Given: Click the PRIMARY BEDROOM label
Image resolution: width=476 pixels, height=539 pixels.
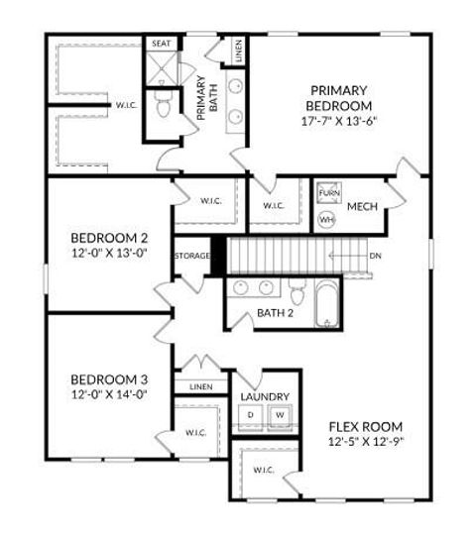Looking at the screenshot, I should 338,98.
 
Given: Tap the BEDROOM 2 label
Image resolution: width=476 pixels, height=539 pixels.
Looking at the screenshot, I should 109,238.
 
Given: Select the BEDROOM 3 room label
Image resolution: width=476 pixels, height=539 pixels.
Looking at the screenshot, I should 109,379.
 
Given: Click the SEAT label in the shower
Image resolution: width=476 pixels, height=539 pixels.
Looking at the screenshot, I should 161,45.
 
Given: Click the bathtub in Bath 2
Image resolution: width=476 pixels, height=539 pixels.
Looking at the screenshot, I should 327,302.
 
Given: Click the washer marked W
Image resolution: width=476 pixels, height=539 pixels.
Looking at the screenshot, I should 280,414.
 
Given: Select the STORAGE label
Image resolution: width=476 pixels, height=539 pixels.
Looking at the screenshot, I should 192,257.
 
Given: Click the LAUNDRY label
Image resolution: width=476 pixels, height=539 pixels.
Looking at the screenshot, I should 265,395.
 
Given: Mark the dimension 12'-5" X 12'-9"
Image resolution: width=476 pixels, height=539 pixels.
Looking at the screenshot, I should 366,442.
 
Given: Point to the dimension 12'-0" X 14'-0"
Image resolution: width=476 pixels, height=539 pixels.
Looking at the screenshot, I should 109,394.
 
